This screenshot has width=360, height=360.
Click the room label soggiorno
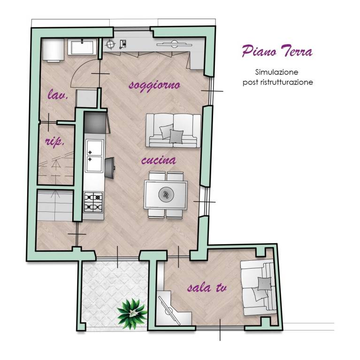pyautogui.click(x=154, y=86)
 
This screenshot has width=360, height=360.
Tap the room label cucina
pyautogui.click(x=159, y=160)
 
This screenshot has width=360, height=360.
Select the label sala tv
pyautogui.click(x=207, y=287)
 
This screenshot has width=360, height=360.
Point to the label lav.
pyautogui.click(x=58, y=94)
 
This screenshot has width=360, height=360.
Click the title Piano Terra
pyautogui.click(x=277, y=51)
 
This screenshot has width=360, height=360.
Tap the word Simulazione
pyautogui.click(x=276, y=72)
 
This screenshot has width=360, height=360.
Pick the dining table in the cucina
pyautogui.click(x=166, y=195)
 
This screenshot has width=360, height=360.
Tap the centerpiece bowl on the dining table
pyautogui.click(x=166, y=195)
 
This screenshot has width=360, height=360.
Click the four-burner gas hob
pyautogui.click(x=93, y=202)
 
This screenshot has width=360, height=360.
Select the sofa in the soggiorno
pyautogui.click(x=173, y=130)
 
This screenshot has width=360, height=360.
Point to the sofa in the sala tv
pyautogui.click(x=258, y=288)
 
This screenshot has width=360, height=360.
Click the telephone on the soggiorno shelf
pyautogui.click(x=123, y=44)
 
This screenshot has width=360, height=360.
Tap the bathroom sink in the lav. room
pyautogui.click(x=82, y=47)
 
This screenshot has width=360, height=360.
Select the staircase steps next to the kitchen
pyautogui.click(x=55, y=205)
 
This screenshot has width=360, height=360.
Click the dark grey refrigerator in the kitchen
pyautogui.click(x=95, y=122)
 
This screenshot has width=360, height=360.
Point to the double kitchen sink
pyautogui.click(x=94, y=156)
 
